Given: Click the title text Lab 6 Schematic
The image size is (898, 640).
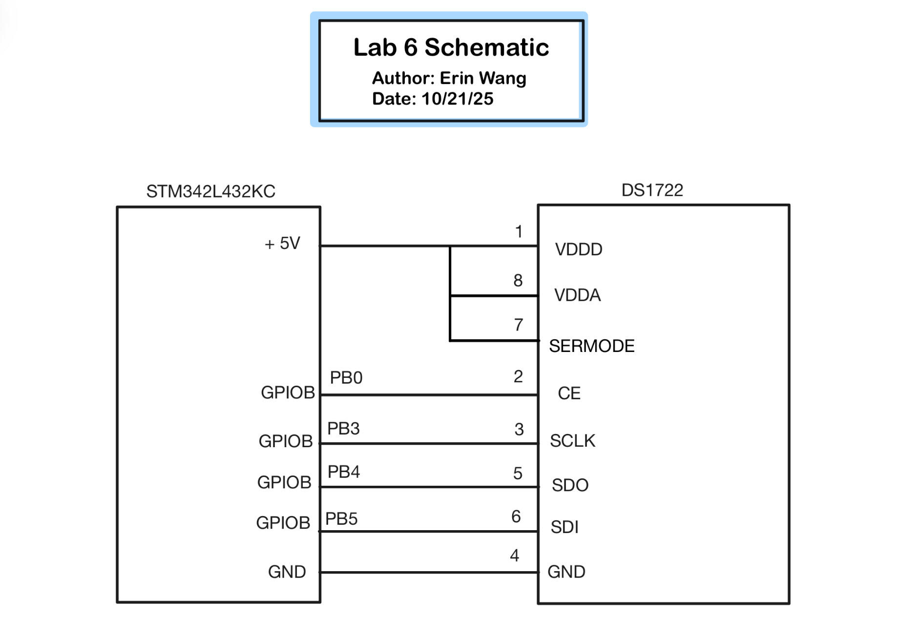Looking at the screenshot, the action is pos(451,47).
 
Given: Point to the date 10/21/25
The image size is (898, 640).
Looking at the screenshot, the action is pos(457,99).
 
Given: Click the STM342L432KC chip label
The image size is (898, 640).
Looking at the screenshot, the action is pos(210,191).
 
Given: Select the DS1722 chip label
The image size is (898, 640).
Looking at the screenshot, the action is pos(652,190).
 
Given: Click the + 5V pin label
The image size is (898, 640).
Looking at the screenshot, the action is pos(282,243).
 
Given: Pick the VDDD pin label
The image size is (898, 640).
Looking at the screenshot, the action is pos(579,249).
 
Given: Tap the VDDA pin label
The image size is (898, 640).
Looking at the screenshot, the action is pos(577,295).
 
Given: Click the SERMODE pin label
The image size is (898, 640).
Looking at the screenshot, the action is pos(591,346).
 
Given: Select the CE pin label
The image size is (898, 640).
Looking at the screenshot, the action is pos(569,393).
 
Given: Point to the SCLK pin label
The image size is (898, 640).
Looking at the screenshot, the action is pos(572,441).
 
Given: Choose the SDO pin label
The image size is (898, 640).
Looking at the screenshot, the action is pos(570,485).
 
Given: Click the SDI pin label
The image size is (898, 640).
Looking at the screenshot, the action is pos(564,527).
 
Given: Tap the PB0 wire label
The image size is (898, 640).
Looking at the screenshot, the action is pos(346,378).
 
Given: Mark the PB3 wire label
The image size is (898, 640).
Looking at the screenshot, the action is pos(343,429).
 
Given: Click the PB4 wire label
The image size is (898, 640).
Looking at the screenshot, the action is pos(343,472).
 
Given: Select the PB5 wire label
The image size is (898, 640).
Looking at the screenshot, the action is pos(341,519).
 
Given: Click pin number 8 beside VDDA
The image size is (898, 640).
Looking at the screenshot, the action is pos(518,281).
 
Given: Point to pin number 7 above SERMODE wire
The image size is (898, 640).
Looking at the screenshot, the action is pos(519,325).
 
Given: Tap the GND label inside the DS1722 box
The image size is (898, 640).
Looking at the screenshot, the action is pos(566,572).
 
